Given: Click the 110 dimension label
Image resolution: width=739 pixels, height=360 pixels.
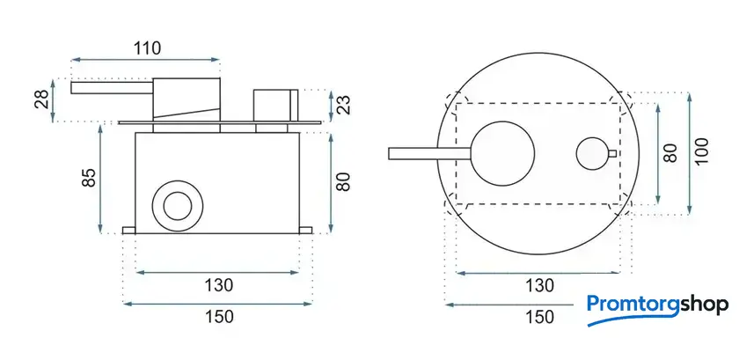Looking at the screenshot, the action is coord(147,48).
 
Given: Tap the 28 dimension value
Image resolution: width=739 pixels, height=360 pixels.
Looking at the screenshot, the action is coord(41,100).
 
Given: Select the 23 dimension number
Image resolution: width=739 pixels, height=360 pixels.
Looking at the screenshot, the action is coord(345,106).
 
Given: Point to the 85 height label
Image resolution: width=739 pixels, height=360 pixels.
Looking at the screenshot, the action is coord(89,177).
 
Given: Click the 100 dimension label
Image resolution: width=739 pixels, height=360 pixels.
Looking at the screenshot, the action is coord(701,151).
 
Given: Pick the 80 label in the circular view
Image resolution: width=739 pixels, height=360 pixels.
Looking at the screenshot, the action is coord(669,152).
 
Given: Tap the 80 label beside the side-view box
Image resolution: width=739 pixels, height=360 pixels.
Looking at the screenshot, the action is coord(344,181).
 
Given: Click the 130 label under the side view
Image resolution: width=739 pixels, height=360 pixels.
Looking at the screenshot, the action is coord(219,285).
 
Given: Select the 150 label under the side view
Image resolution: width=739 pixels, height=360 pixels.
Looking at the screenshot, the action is coord(219,317).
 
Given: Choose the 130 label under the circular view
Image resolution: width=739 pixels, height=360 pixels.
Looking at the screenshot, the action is coord(539,285).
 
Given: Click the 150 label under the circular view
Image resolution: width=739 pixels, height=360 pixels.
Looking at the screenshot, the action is coord(539,317).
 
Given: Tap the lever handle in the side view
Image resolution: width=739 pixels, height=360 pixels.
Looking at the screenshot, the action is coord(112,88).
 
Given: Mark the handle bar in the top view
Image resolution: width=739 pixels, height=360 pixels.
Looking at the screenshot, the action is coord(430,154).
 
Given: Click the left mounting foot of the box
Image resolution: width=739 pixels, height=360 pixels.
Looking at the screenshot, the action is coord(129,231).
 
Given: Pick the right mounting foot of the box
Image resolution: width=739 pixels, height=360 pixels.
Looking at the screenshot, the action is coord(305,231).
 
